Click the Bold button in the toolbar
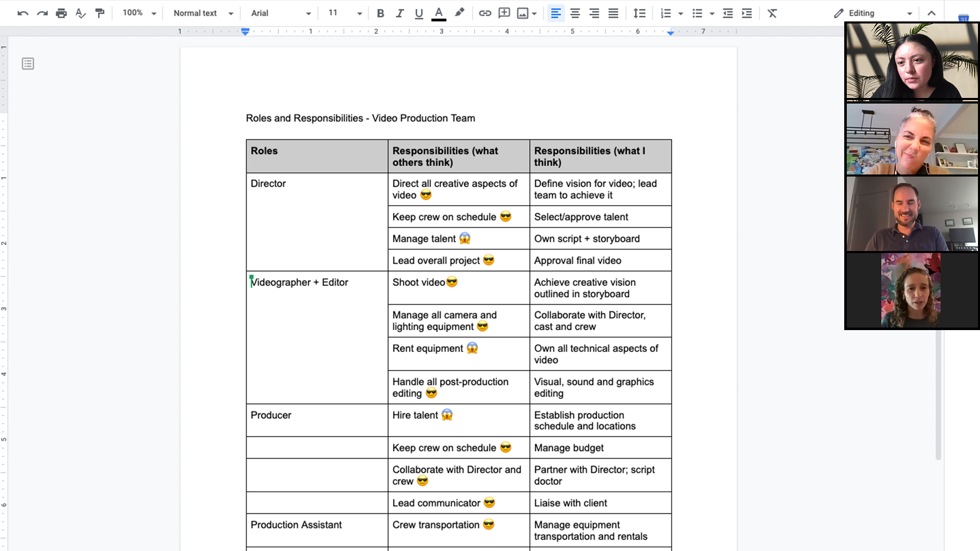pyautogui.click(x=380, y=13)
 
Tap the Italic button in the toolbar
pyautogui.click(x=400, y=13)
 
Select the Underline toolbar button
pyautogui.click(x=419, y=13)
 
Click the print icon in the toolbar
pyautogui.click(x=61, y=13)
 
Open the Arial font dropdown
pyautogui.click(x=281, y=13)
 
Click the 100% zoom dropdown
pyautogui.click(x=139, y=13)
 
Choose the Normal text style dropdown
pyautogui.click(x=203, y=13)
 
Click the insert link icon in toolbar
pyautogui.click(x=484, y=13)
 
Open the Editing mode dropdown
pyautogui.click(x=873, y=13)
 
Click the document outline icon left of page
pyautogui.click(x=28, y=64)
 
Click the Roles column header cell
pyautogui.click(x=316, y=156)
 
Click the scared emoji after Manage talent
pyautogui.click(x=464, y=238)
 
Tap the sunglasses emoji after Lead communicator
pyautogui.click(x=489, y=503)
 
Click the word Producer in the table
pyautogui.click(x=271, y=415)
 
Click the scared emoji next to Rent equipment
pyautogui.click(x=472, y=348)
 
